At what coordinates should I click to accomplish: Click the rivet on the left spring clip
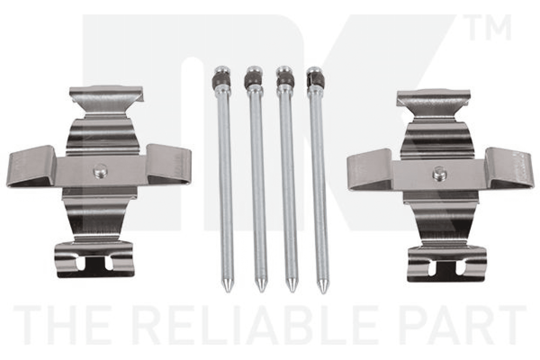point(100,171)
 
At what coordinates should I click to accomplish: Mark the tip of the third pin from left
point(292,289)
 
